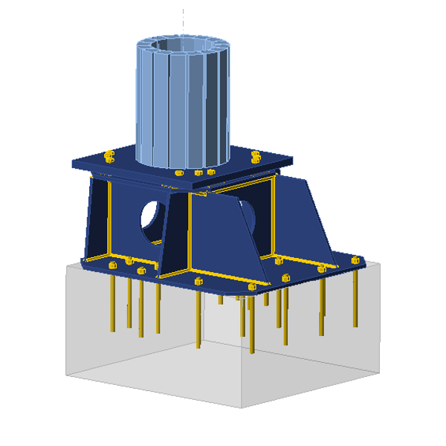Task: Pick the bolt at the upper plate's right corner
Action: (256, 157)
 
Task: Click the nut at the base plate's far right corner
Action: (356, 261)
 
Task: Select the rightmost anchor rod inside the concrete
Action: (355, 297)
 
